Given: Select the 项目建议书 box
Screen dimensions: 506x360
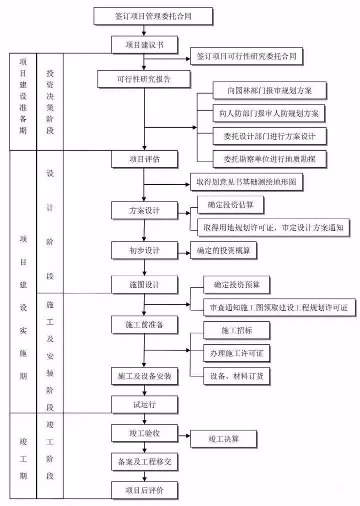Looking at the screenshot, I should (144, 45).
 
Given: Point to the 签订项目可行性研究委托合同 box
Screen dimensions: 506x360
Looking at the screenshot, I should (246, 57).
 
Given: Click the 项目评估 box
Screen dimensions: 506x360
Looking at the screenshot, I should (144, 159).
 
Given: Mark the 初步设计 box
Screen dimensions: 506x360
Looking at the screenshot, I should (144, 250).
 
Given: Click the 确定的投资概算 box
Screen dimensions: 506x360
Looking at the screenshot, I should (223, 250).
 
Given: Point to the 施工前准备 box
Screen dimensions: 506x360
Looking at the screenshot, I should (144, 324).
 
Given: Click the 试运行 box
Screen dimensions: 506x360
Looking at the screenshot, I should (144, 404).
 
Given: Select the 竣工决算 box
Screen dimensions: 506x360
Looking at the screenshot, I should (223, 439).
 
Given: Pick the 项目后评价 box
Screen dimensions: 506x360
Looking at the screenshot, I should (144, 490).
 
